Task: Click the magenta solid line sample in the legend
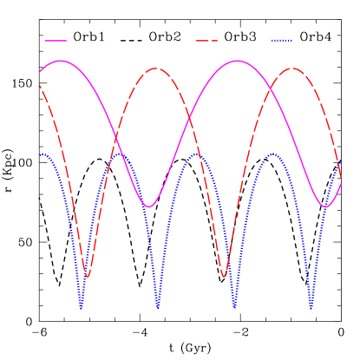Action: point(56,41)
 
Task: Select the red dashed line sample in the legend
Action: point(206,41)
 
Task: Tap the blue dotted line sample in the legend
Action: point(282,41)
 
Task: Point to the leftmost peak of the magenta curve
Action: point(60,61)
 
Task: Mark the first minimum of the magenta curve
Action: point(149,206)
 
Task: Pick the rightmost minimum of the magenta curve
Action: point(326,206)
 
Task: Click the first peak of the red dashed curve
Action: point(155,69)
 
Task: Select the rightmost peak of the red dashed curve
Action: point(292,69)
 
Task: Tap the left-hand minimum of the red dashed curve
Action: point(87,277)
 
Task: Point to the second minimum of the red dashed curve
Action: point(224,277)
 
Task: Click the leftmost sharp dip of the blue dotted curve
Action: point(81,308)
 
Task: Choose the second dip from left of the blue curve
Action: point(158,308)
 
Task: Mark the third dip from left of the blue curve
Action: point(234,308)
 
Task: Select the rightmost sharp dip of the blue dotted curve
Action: point(311,308)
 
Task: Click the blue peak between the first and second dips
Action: point(120,154)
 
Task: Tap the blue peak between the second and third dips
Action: point(196,154)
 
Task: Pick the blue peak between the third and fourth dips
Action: point(272,154)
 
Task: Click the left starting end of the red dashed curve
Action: point(39,85)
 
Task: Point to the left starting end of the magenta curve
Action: point(39,71)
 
